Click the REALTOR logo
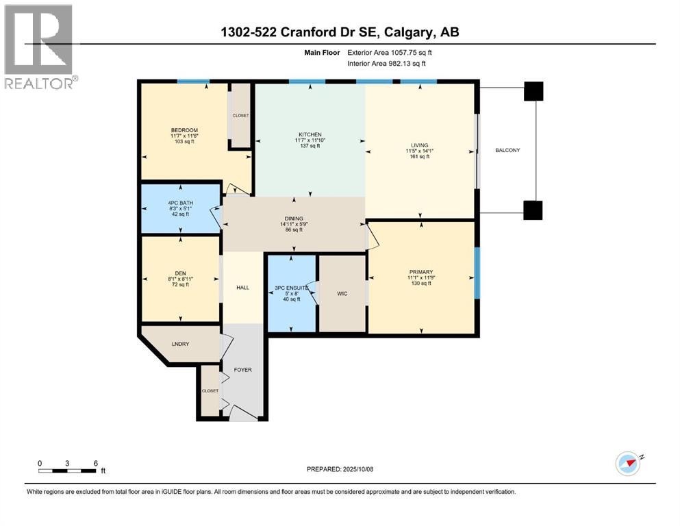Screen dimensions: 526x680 coord(38,46)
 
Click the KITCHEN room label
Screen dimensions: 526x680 coord(310,135)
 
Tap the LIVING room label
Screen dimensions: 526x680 coord(419,145)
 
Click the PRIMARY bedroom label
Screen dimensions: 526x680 coord(420,272)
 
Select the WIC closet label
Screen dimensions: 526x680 coord(342,294)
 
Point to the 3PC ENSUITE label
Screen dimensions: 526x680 coord(292,288)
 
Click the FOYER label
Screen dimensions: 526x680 coord(242,370)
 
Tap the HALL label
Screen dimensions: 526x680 coord(242,288)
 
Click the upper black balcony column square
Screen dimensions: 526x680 coord(533,90)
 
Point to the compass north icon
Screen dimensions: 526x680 coord(628,463)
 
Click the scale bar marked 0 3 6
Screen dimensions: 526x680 coord(67,470)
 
